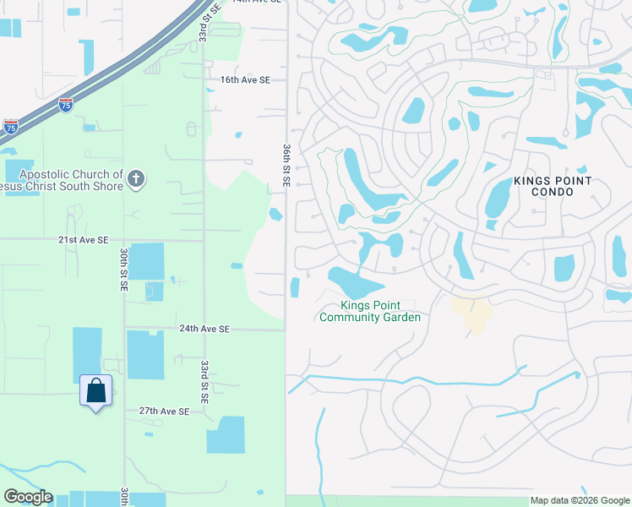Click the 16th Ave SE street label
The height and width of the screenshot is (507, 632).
click(x=245, y=80)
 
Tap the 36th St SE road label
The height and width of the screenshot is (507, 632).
click(x=286, y=166)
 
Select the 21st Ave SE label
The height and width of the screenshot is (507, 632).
click(x=83, y=240)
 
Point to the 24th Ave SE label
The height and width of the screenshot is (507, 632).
click(x=204, y=329)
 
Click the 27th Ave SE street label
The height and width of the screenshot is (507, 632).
click(x=164, y=411)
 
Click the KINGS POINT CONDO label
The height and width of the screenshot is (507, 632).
click(x=553, y=187)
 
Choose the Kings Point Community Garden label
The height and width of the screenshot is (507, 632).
click(x=369, y=311)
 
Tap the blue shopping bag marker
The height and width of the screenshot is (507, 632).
click(x=95, y=391)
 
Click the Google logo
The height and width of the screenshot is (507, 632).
click(x=28, y=497)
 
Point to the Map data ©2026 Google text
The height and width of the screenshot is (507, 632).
click(x=580, y=500)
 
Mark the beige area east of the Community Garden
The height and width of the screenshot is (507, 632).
click(x=471, y=313)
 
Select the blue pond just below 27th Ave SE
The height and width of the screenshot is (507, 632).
click(x=225, y=434)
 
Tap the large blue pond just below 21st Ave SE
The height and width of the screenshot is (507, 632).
click(x=146, y=261)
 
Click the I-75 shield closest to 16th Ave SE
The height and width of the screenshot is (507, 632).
click(x=66, y=105)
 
